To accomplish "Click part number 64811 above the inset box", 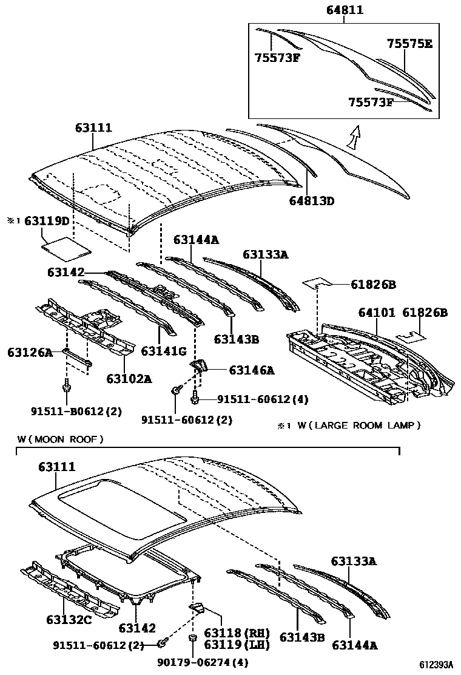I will (x=344, y=10).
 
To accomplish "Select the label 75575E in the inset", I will (x=409, y=44).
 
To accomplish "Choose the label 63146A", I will (x=251, y=370).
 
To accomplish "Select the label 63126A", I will (x=29, y=351).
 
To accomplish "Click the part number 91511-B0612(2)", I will (x=76, y=411).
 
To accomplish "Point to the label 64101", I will (x=376, y=313).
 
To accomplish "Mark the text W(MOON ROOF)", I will (x=60, y=438).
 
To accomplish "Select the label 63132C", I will (x=69, y=620).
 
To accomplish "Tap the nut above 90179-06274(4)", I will (x=193, y=639).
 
